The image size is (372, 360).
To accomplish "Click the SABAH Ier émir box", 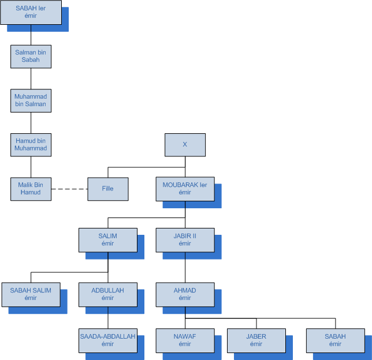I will [x=31, y=12].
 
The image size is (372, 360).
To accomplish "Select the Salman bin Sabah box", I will [x=31, y=56].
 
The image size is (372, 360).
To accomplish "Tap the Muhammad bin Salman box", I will [x=31, y=100].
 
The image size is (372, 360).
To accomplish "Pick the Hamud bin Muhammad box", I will [x=31, y=145].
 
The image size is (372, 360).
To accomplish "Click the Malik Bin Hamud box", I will [x=31, y=189].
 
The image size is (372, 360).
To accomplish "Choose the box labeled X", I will [x=185, y=145].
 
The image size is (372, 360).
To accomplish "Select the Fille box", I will [x=107, y=189].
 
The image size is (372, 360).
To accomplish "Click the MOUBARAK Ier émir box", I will [x=185, y=189].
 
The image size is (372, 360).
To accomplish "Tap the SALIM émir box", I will [x=107, y=239].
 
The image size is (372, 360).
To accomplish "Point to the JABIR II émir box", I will [x=185, y=239].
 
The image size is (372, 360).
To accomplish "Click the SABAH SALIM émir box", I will [x=31, y=294].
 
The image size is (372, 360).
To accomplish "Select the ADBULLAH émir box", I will [x=107, y=294].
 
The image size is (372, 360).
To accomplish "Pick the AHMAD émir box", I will [x=185, y=294].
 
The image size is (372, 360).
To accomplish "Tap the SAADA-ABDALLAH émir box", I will [x=107, y=340].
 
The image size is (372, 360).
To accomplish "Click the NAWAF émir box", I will [x=185, y=340].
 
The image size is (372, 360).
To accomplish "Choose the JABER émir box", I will [x=256, y=340].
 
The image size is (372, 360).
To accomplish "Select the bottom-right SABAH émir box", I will [x=335, y=340].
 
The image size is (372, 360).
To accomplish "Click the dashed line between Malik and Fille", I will [x=69, y=189].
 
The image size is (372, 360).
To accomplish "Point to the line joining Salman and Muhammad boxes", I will [x=31, y=78].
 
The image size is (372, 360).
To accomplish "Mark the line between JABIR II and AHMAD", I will [x=185, y=267].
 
